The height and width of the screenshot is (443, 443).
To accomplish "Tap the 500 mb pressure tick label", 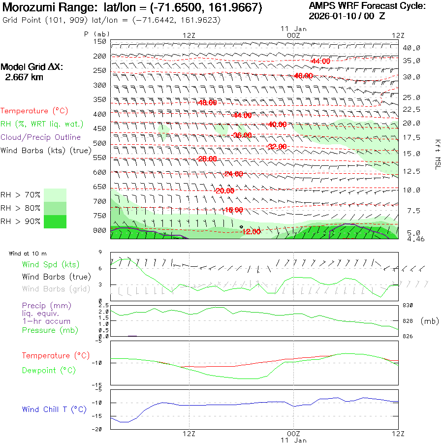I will click(x=100, y=143).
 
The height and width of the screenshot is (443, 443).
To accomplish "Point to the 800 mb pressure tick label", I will click(x=100, y=230).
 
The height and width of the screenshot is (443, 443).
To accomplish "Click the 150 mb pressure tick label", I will click(x=100, y=41).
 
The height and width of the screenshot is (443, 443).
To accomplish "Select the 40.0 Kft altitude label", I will click(x=411, y=48).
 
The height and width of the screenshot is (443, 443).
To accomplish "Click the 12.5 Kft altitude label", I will click(x=411, y=171).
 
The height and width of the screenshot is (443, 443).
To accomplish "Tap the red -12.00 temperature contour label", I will click(x=251, y=232).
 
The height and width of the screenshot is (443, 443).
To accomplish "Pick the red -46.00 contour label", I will click(x=303, y=76).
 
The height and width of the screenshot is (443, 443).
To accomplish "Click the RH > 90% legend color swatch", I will click(x=56, y=221).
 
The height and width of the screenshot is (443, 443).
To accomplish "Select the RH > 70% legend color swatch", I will click(x=56, y=195).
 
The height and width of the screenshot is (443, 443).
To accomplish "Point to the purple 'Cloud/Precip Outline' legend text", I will click(x=41, y=137).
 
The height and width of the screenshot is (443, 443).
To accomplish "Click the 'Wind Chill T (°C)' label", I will click(x=54, y=410).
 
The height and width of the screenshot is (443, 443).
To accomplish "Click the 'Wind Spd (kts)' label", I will click(x=50, y=265).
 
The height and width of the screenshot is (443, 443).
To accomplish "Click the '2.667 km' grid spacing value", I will click(x=24, y=77).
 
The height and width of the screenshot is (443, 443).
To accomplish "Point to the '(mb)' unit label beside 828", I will click(x=430, y=321).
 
